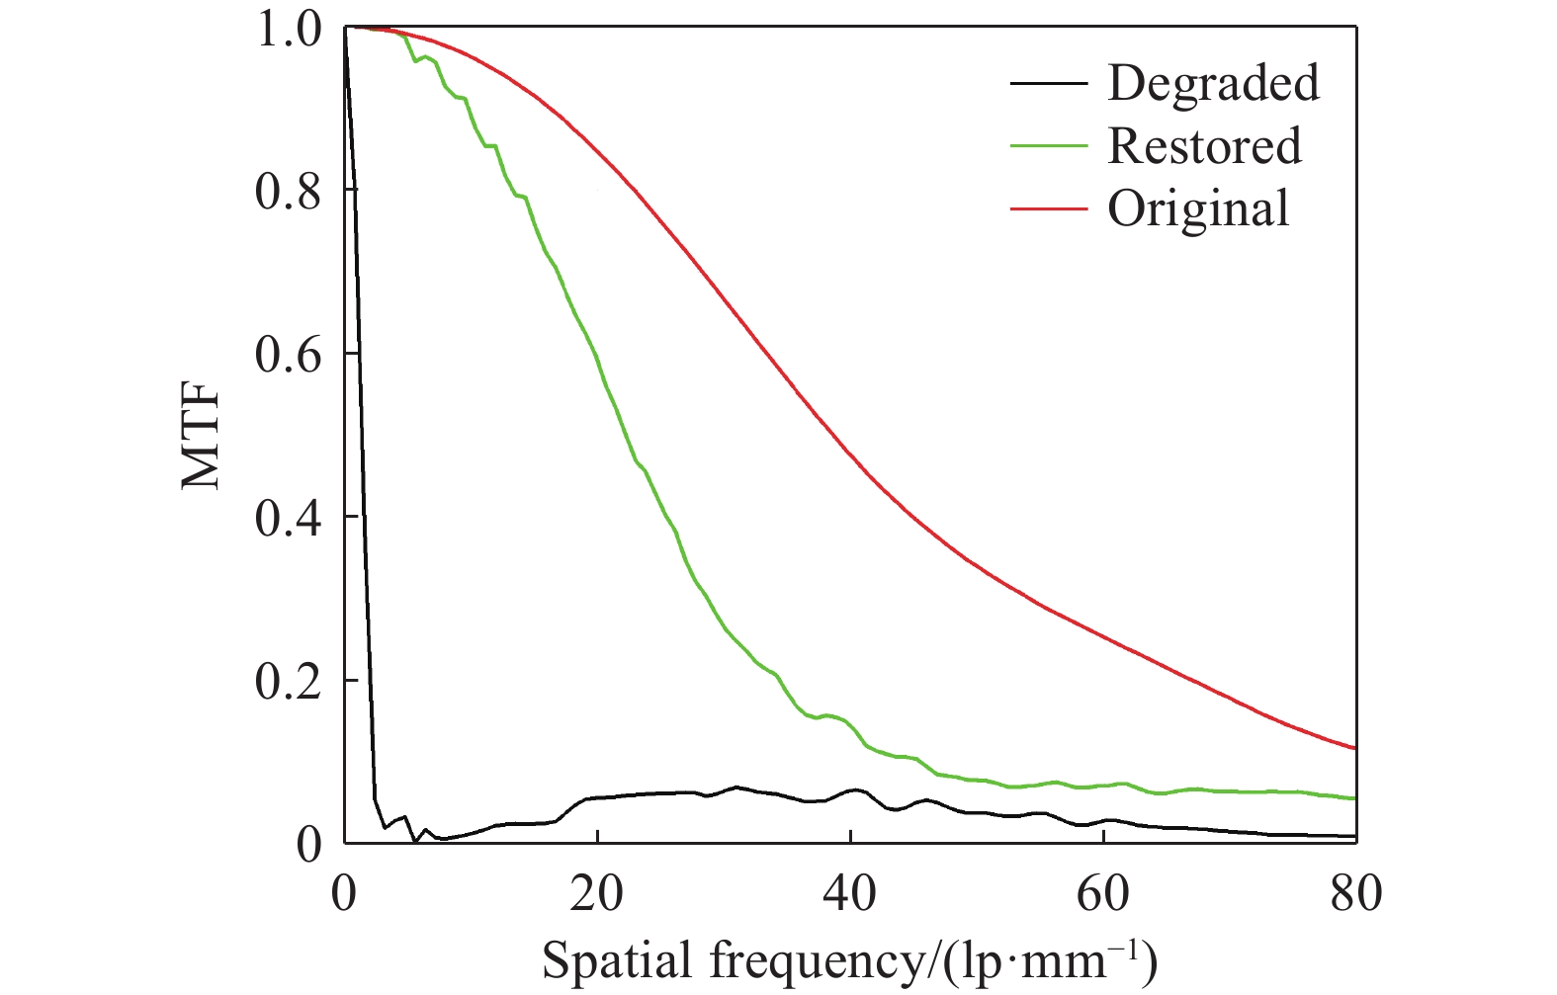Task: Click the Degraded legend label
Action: coord(1213,83)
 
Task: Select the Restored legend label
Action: coord(1204,146)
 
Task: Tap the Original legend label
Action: coord(1198,208)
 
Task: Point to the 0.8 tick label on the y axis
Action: coord(288,191)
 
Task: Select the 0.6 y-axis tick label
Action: coord(288,355)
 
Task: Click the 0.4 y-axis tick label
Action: coord(288,518)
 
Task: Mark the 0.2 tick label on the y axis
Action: coord(288,681)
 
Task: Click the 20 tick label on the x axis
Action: coord(597,894)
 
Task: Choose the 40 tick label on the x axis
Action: coord(850,894)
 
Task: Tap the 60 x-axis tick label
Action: coord(1103,894)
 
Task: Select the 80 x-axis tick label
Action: coord(1356,894)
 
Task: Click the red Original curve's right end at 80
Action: coord(1354,748)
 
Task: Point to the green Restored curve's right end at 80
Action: coord(1354,798)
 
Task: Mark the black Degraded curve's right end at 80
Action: coord(1354,836)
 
